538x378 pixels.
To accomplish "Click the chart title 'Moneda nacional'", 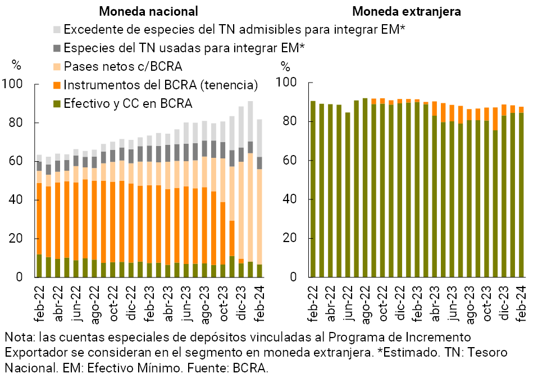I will [148, 11].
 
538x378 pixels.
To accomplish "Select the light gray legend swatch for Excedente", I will [57, 29].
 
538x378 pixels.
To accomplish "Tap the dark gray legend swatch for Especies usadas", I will [57, 48].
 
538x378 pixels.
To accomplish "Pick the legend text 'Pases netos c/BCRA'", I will [123, 66].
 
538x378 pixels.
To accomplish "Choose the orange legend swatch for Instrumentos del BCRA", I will [57, 85].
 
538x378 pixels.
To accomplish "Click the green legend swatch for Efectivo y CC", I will [57, 103].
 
